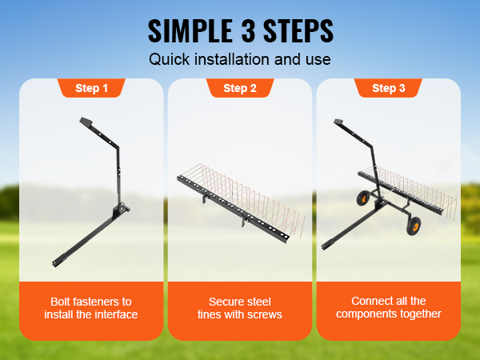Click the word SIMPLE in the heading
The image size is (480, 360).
pyautogui.click(x=190, y=30)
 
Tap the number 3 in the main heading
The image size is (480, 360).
pyautogui.click(x=248, y=30)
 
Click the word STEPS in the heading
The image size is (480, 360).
pyautogui.click(x=298, y=30)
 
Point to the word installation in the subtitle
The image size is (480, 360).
pyautogui.click(x=233, y=59)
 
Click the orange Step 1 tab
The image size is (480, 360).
pyautogui.click(x=91, y=88)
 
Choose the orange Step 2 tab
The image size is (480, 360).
pyautogui.click(x=240, y=88)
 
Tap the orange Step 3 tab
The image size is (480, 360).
pyautogui.click(x=388, y=88)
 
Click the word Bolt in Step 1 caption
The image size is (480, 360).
pyautogui.click(x=60, y=302)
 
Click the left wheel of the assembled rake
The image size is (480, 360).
pyautogui.click(x=363, y=198)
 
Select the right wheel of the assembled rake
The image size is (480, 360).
pyautogui.click(x=414, y=226)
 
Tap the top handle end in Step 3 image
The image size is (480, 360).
pyautogui.click(x=338, y=122)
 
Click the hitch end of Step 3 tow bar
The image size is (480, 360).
pyautogui.click(x=324, y=246)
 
